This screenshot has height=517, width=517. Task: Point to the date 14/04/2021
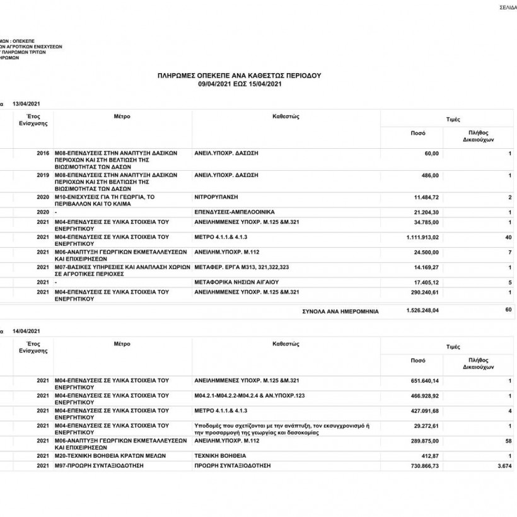click(x=26, y=331)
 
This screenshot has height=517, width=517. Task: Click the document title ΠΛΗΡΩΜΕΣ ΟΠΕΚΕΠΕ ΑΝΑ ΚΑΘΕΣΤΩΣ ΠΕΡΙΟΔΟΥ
click(x=239, y=75)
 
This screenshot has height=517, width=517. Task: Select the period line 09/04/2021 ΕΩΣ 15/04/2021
click(x=239, y=83)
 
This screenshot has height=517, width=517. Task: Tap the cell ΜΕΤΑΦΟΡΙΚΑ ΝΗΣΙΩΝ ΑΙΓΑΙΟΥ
click(x=236, y=282)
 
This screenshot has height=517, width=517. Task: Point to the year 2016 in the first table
click(x=43, y=153)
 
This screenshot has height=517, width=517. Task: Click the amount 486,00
click(x=430, y=175)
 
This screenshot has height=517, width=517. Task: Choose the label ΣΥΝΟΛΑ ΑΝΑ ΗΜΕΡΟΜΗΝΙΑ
click(x=340, y=311)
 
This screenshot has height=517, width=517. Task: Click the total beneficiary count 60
click(x=508, y=310)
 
